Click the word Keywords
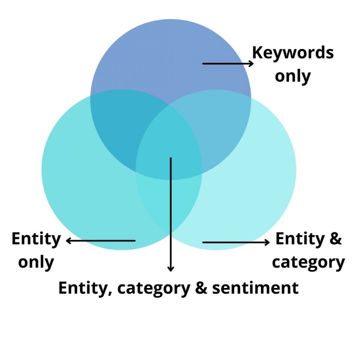click(x=293, y=53)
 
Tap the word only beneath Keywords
click(x=293, y=76)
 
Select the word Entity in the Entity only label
click(x=36, y=239)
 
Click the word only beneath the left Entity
click(x=36, y=262)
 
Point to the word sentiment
click(x=255, y=288)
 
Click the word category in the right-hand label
click(x=308, y=262)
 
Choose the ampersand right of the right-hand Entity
click(x=334, y=239)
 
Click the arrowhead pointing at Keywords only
click(x=251, y=64)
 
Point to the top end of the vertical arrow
click(x=171, y=158)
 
